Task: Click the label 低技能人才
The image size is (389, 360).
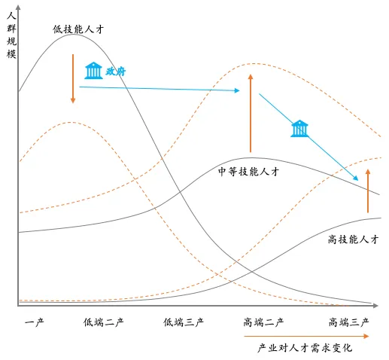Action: coord(78,29)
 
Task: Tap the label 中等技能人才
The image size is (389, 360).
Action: coord(248,172)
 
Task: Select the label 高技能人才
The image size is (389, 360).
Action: coord(354,239)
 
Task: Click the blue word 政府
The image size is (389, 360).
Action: coord(115,72)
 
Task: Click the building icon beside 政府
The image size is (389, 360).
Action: coord(93,71)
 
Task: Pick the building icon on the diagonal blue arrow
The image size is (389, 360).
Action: coord(299,129)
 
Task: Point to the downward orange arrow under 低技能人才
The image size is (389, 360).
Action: coord(73,78)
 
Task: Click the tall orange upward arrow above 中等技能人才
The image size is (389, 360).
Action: coord(251,113)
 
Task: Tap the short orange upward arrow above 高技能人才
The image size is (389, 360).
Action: coord(368,191)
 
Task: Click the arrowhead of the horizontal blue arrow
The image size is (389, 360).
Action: coord(237,90)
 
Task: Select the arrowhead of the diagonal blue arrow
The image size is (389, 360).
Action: coord(356,178)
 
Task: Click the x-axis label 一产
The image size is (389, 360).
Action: coord(35,322)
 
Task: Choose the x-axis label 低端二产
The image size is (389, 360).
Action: coord(103,322)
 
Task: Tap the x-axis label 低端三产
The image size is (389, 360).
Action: coord(184,322)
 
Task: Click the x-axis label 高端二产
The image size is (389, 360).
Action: coord(263,322)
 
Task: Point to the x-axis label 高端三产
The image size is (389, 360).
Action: coord(348,322)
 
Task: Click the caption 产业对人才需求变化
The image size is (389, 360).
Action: coord(305,348)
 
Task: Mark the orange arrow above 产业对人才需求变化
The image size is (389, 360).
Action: coord(306,336)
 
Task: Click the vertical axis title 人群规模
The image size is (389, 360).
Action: coord(11,35)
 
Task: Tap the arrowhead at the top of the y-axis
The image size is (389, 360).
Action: coord(18,8)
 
